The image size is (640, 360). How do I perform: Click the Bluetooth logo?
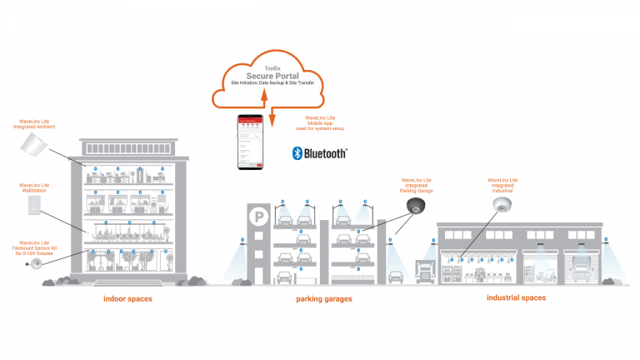point(319,153)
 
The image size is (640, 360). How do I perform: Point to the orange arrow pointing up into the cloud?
point(263,101)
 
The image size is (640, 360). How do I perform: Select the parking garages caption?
point(324,299)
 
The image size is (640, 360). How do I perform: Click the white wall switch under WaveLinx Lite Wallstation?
point(35,203)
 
